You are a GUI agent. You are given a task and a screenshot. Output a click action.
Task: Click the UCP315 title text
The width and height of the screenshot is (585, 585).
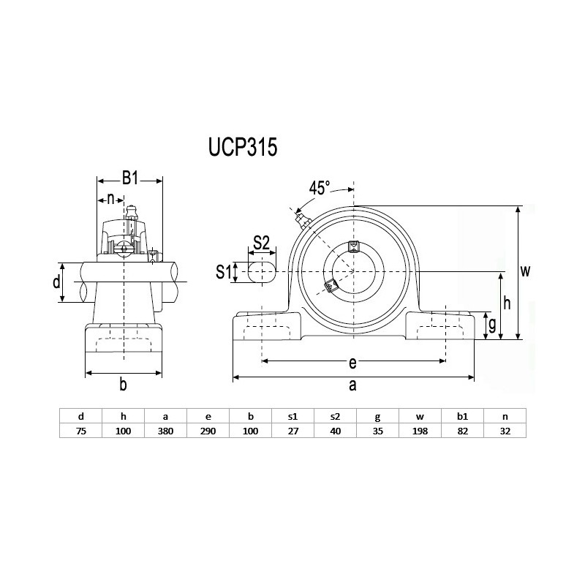coord(243,148)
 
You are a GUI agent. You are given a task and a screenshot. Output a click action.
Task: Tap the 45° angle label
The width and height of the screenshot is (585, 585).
coord(320,188)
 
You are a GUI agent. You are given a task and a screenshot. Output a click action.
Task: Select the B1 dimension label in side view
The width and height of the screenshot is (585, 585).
coord(130,177)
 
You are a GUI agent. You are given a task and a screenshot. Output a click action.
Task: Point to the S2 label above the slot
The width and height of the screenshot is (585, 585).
coord(262,242)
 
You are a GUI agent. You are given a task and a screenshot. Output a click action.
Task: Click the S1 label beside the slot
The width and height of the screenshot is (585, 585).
coord(224,272)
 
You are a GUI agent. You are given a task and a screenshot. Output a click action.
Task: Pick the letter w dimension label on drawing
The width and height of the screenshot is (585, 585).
coord(525,271)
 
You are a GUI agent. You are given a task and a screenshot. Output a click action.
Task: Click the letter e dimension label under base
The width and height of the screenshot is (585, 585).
coord(352,363)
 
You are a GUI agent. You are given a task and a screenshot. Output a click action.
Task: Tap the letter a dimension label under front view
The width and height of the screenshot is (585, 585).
coord(352,385)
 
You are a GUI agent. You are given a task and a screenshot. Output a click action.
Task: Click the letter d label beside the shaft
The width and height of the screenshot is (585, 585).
coord(56,282)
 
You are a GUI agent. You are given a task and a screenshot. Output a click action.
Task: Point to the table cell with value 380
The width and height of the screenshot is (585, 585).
coord(165,431)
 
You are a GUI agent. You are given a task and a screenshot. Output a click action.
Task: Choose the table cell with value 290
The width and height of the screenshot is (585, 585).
coord(208,431)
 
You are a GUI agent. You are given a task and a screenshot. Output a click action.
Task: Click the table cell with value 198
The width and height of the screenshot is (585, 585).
coord(420,431)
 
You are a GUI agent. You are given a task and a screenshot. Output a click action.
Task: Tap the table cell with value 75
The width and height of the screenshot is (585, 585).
coord(80,431)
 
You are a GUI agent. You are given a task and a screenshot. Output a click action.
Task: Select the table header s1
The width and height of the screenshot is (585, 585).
coord(292,416)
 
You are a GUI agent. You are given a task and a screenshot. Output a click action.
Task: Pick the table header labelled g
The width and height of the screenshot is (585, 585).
coord(377,416)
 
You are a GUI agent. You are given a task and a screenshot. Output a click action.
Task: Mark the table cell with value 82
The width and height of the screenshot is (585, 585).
coord(462,431)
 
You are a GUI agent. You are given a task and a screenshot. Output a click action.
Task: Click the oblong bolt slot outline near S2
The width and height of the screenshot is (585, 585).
coord(262,271)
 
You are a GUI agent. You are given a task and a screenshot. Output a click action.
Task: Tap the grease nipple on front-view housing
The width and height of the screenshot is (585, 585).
coord(300,218)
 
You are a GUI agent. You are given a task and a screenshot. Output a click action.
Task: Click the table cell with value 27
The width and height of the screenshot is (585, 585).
coord(292,431)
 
